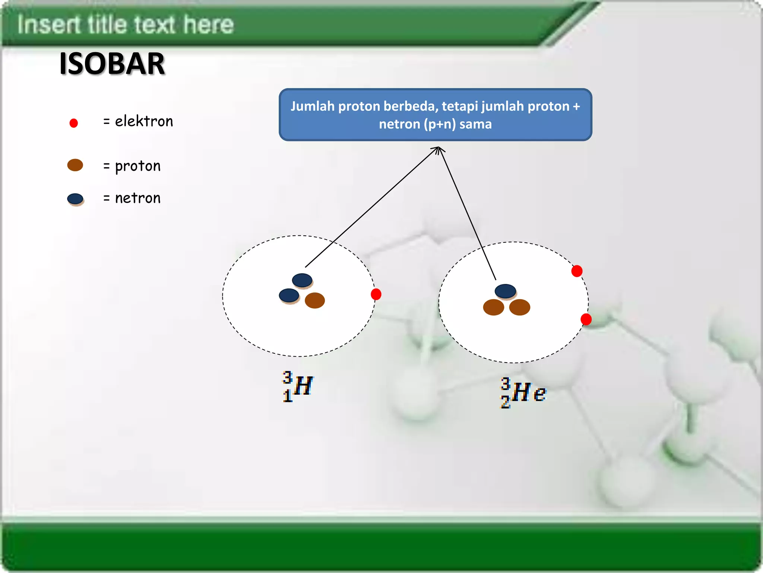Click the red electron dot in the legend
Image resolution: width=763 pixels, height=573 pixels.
pos(74,123)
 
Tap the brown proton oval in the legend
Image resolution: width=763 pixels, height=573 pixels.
pos(75,165)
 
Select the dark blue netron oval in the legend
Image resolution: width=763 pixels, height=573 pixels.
pos(75,198)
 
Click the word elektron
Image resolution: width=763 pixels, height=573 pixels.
pos(144,122)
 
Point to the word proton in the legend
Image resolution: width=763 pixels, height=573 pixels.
pos(137,166)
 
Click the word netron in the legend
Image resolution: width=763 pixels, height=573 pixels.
pos(137,198)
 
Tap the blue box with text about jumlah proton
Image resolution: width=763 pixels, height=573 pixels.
pos(435,115)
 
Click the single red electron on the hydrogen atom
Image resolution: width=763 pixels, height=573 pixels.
pos(376,294)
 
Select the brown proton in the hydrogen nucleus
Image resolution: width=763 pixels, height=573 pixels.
pos(315,300)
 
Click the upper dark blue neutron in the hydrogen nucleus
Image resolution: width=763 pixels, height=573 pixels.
pos(302,280)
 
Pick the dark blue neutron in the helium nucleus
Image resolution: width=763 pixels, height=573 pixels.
pos(505,291)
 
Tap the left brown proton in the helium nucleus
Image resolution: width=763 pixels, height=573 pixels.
pos(493,307)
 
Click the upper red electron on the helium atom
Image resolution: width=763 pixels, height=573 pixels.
pos(577,271)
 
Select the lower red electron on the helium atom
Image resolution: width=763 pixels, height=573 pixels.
pos(586,319)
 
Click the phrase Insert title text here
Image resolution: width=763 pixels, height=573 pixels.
pos(126,25)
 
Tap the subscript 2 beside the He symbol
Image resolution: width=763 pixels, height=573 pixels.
pos(505,402)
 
